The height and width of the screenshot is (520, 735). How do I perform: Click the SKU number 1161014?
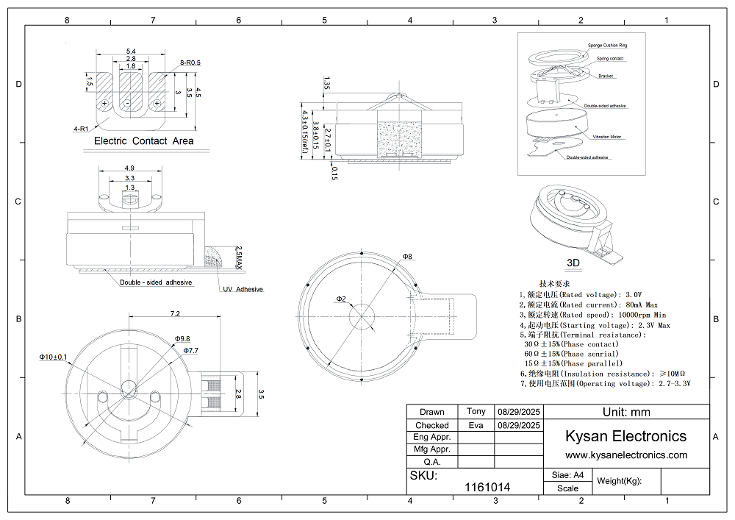coord(488,487)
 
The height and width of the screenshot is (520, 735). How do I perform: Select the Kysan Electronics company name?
coord(625,436)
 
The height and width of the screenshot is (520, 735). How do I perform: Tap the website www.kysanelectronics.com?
coord(625,455)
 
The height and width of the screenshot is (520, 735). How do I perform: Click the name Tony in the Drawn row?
coord(476,411)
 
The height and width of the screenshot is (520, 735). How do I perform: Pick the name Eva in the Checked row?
coord(476,425)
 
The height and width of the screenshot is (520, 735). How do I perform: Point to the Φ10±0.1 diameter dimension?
coord(53,357)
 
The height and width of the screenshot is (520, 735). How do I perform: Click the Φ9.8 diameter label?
coord(182,339)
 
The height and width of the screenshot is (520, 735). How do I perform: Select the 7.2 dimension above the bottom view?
coord(175,314)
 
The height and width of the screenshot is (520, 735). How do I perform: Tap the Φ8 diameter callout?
coord(407,256)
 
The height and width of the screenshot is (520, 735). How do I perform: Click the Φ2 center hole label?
coord(341,299)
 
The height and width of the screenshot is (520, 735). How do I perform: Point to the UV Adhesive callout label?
coord(242,290)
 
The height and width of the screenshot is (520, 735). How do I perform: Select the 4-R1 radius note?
coord(81,129)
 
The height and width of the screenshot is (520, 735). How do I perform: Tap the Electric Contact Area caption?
coord(144,140)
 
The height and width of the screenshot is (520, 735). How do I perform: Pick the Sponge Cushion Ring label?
coord(607,46)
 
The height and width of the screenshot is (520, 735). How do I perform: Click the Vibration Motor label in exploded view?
coord(607,137)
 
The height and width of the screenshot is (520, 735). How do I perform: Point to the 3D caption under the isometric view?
coord(575,262)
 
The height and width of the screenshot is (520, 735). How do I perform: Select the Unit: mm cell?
coord(626,412)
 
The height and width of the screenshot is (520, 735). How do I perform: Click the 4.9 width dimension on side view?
coord(129,167)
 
